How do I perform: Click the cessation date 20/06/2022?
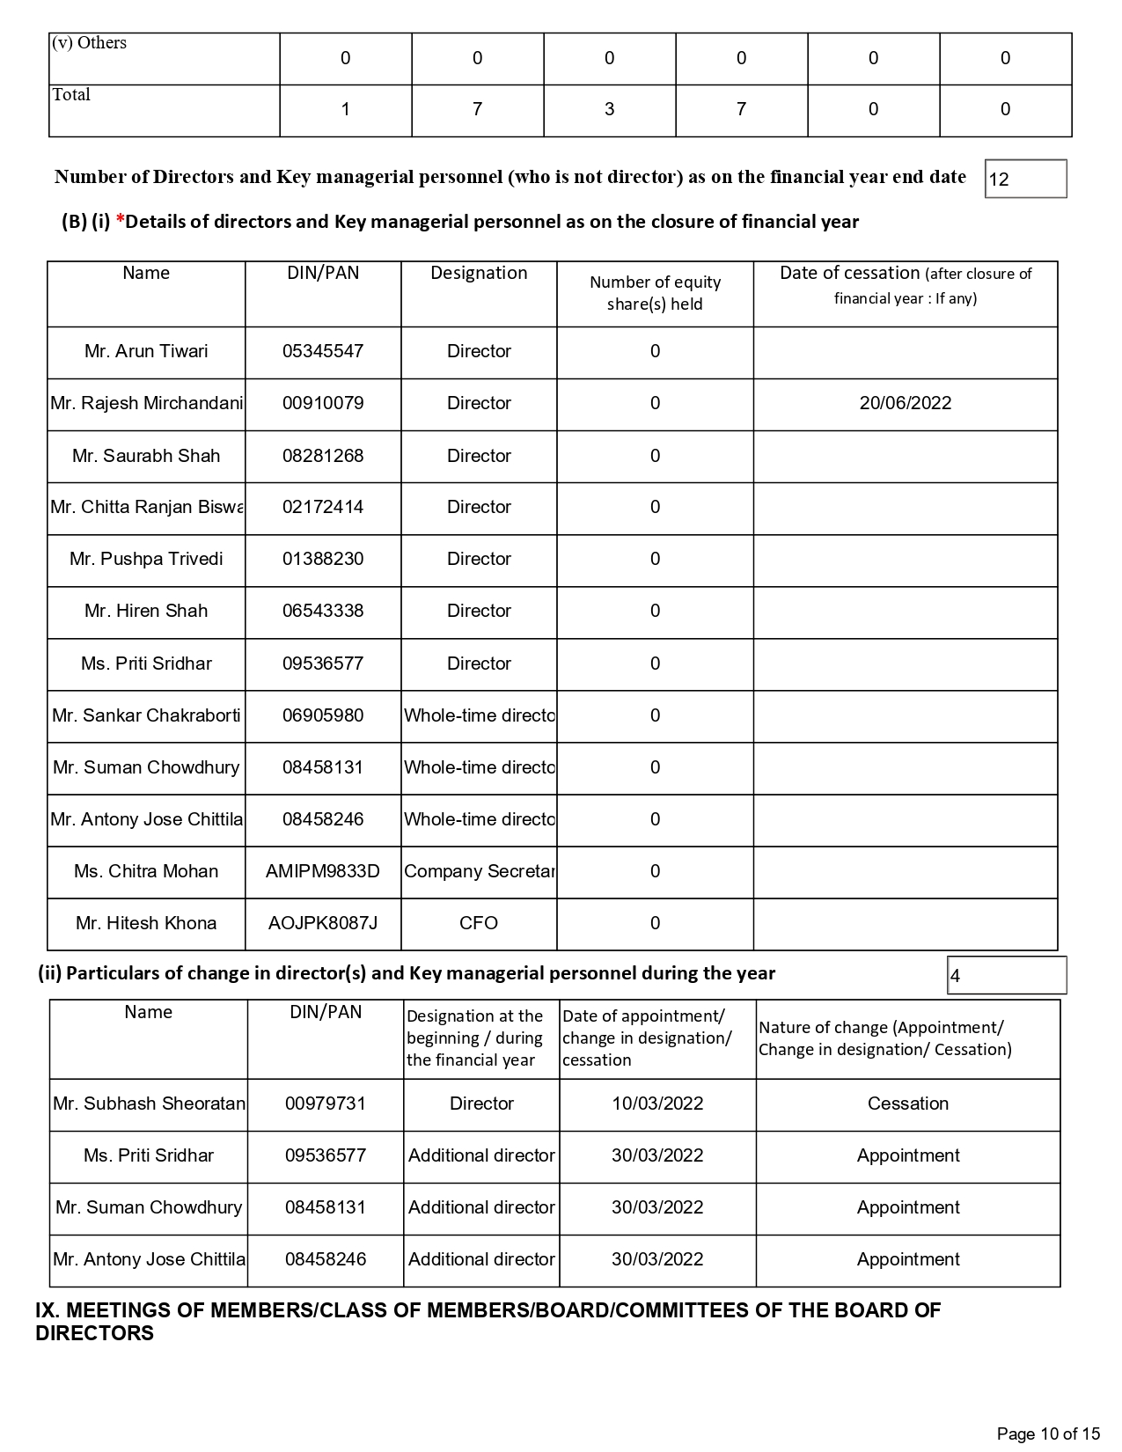click(905, 403)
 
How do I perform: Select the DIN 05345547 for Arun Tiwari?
click(323, 351)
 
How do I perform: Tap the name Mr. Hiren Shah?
click(146, 611)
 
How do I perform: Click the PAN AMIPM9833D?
click(323, 871)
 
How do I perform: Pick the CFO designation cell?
click(479, 923)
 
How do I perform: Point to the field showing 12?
click(1025, 180)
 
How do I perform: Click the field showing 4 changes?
click(1006, 976)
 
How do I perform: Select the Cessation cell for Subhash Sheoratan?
click(907, 1104)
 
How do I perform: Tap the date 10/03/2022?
click(657, 1104)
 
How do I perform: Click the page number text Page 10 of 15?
click(1048, 1434)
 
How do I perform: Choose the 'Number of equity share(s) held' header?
click(655, 293)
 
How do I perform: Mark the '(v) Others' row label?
click(90, 43)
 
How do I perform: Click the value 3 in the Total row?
click(609, 109)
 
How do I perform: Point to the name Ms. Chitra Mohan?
click(146, 871)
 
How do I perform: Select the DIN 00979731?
click(326, 1104)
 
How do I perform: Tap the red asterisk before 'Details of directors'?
click(121, 220)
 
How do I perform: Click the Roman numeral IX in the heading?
click(47, 1310)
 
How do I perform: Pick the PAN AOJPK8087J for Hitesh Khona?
click(323, 923)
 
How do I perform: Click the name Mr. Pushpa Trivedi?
click(146, 559)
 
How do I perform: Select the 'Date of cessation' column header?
click(905, 285)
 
